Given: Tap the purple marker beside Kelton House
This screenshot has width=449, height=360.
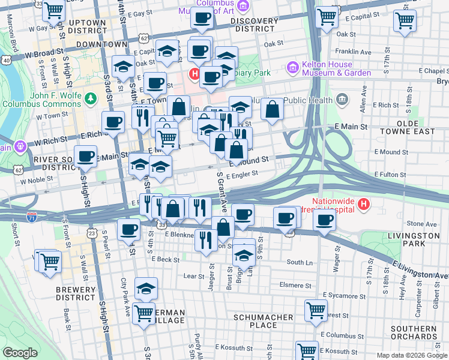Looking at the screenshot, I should (x=294, y=67).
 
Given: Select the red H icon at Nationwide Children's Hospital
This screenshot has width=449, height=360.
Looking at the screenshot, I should (x=363, y=205).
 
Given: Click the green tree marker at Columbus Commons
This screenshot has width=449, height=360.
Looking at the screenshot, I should (x=90, y=97).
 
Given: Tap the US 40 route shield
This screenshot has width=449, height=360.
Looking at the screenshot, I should (x=5, y=61).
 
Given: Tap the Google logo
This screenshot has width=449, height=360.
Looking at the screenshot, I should (x=20, y=353).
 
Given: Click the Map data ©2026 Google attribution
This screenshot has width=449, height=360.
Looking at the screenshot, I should (x=411, y=355).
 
